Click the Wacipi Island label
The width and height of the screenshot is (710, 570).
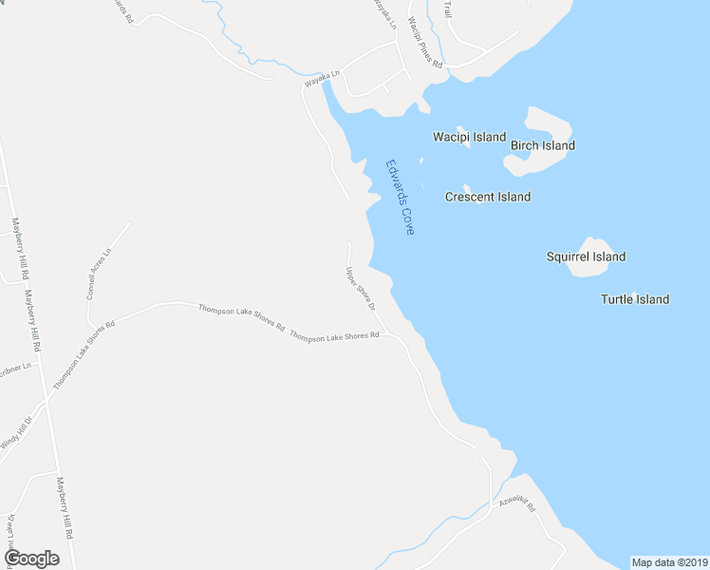pos(469,137)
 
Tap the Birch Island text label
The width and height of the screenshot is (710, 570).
pos(543,146)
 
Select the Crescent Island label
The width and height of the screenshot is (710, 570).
pos(488,197)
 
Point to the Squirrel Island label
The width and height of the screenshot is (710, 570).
pos(586,256)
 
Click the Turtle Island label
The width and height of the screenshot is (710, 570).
pos(634,299)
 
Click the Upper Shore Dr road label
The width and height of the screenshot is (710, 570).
pos(361,290)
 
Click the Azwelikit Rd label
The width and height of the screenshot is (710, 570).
pos(518,502)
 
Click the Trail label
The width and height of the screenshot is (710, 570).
pos(447,9)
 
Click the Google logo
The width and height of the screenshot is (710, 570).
pos(31,559)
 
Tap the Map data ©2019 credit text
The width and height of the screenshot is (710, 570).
pos(669,562)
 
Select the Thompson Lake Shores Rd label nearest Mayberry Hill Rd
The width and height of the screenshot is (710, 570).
pos(84,354)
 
